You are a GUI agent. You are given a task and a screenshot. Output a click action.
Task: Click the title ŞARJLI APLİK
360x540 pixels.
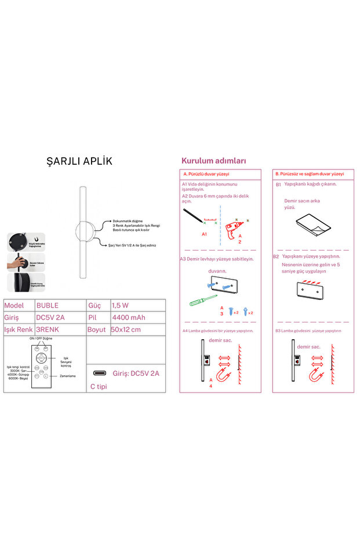tap(79, 161)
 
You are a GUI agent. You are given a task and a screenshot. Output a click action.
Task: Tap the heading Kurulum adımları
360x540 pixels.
tap(214, 161)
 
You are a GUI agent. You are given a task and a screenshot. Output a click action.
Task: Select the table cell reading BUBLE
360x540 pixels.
tap(48, 305)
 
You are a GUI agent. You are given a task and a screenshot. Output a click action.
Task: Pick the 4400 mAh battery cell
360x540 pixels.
tap(129, 317)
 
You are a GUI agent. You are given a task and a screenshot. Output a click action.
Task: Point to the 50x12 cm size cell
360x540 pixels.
tap(126, 329)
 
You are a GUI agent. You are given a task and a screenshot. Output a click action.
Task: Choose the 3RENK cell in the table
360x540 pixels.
tap(48, 329)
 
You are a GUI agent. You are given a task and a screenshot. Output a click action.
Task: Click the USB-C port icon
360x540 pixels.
tap(99, 373)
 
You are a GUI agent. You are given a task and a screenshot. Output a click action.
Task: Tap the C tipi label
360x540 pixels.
tap(99, 386)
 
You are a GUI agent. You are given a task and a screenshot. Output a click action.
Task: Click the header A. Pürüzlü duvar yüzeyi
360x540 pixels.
tap(207, 174)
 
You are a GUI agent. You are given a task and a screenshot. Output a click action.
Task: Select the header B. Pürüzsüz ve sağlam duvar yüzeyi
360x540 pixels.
tap(310, 174)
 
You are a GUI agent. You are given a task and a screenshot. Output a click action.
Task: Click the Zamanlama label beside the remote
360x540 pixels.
tap(67, 376)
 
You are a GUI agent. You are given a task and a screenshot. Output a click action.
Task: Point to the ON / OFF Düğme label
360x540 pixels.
tap(41, 338)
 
